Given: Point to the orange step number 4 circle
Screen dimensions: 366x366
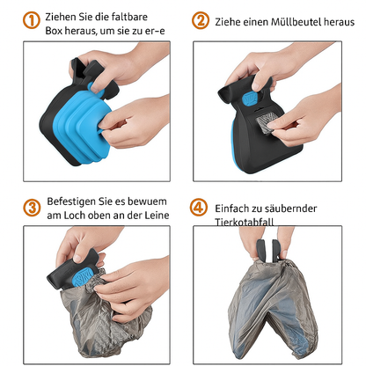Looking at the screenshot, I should tap(201, 209).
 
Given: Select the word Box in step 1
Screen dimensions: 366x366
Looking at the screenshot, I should tap(57, 29).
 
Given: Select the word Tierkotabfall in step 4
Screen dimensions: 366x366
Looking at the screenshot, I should tap(253, 222).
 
